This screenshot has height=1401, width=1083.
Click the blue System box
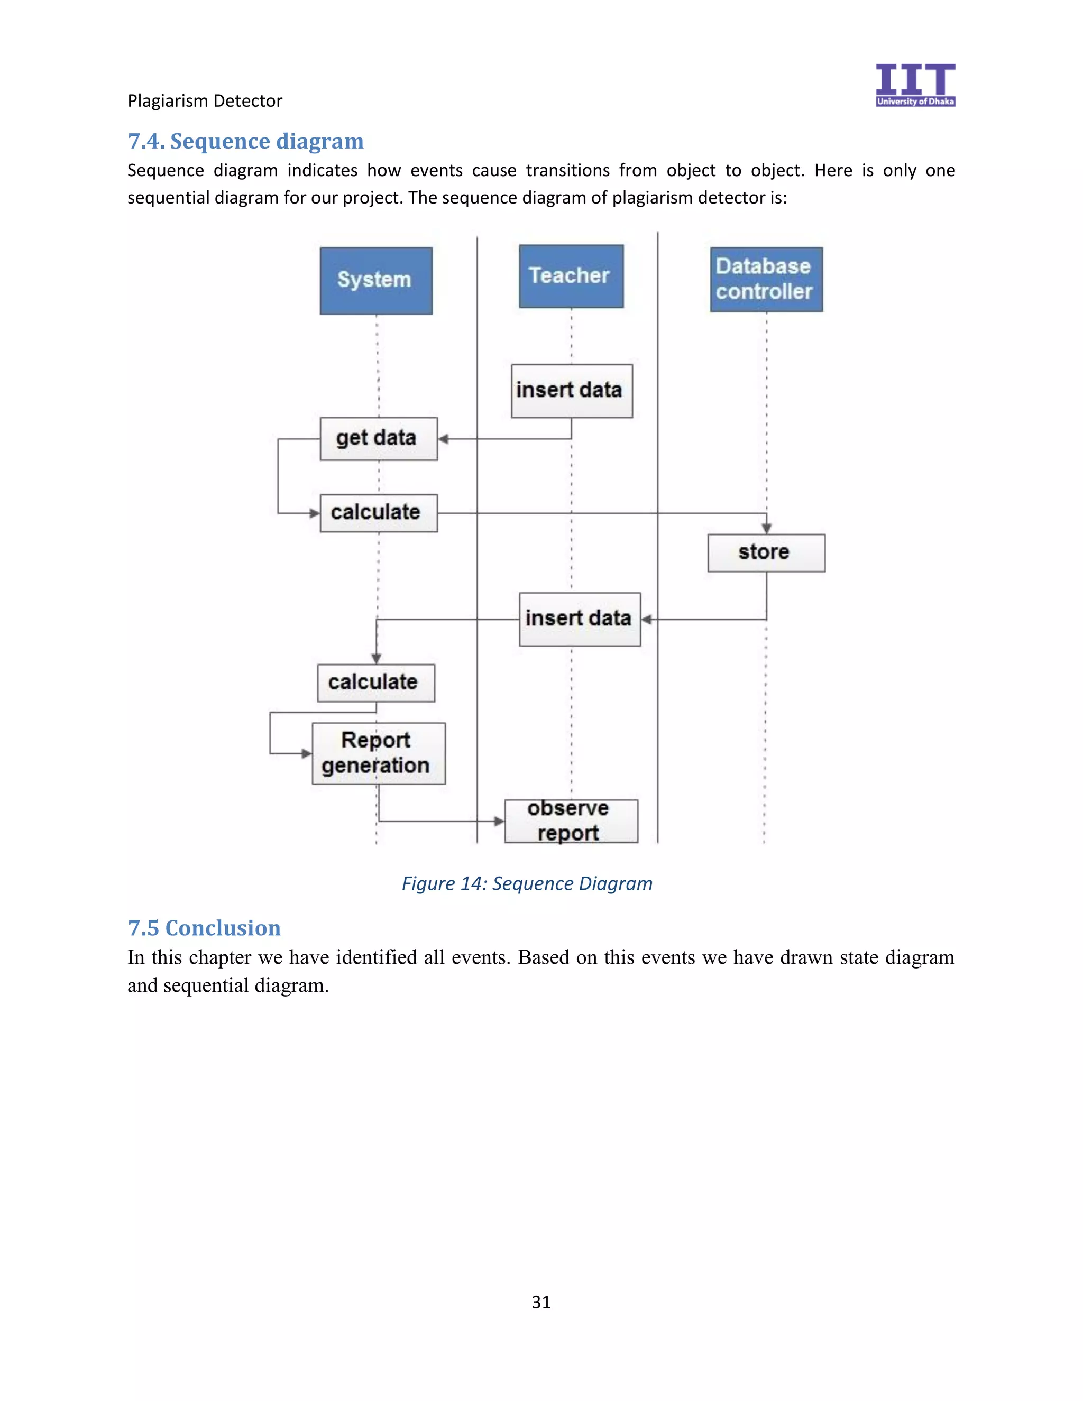point(376,280)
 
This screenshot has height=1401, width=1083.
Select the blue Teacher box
point(571,276)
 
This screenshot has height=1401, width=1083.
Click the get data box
point(379,439)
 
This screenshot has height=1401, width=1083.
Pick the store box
point(766,552)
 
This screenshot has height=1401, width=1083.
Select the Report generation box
point(379,753)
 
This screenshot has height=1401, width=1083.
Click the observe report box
point(571,821)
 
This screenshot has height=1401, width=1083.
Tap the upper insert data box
point(571,391)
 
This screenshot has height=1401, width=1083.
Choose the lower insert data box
point(580,619)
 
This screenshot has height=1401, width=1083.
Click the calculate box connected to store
point(379,512)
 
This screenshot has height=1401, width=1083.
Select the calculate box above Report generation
point(375,683)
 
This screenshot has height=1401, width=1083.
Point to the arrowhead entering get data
point(443,439)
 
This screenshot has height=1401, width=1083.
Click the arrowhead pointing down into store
point(766,528)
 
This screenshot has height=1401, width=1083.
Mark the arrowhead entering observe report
point(499,821)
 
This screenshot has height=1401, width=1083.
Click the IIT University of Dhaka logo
point(915,85)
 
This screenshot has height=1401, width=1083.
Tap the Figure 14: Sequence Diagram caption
point(527,883)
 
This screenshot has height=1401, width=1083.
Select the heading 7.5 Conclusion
point(204,928)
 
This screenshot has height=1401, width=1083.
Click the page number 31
point(541,1302)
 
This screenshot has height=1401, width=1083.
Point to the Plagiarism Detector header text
point(205,100)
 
